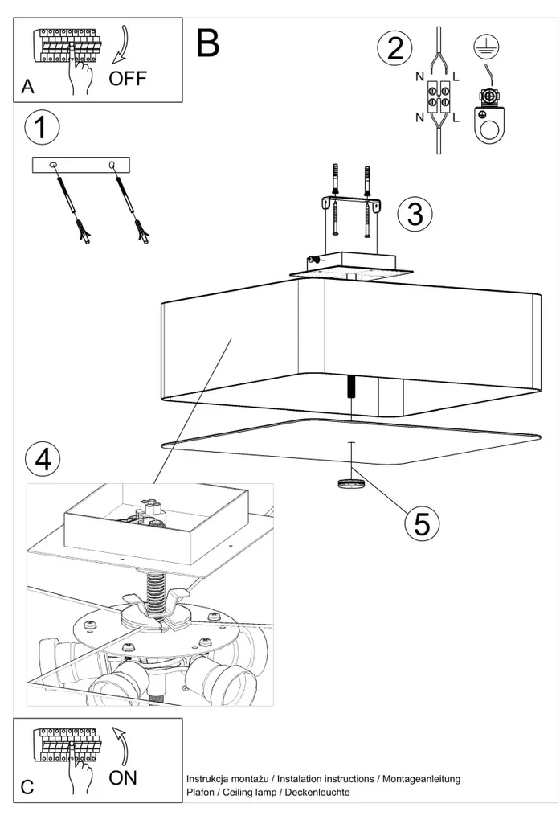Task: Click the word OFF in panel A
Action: point(129,79)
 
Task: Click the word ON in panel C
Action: point(123,777)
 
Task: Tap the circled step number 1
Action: point(42,127)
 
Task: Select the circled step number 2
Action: point(394,47)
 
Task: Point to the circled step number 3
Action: point(415,214)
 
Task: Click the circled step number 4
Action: point(42,459)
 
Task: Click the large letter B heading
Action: point(207,43)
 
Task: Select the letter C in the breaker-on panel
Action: point(27,787)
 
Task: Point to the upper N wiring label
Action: point(420,77)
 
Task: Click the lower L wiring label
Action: point(456,118)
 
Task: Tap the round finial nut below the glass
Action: point(350,483)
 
